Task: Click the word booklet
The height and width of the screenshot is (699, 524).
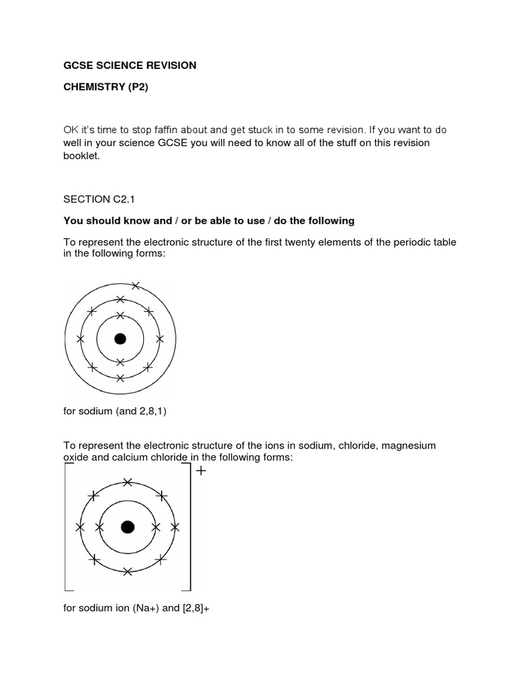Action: (81, 156)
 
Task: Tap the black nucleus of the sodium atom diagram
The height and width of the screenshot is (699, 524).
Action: (120, 339)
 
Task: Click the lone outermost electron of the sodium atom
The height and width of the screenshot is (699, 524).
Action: (135, 285)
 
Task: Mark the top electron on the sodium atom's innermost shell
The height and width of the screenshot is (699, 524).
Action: (120, 315)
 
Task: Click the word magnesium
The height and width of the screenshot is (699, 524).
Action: (408, 445)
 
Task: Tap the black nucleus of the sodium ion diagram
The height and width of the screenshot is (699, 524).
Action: (127, 527)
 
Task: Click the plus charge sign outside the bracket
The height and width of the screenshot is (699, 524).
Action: (201, 471)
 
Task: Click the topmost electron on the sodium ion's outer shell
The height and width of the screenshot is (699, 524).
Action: (128, 482)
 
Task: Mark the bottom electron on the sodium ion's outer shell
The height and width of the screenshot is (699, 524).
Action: (128, 571)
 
